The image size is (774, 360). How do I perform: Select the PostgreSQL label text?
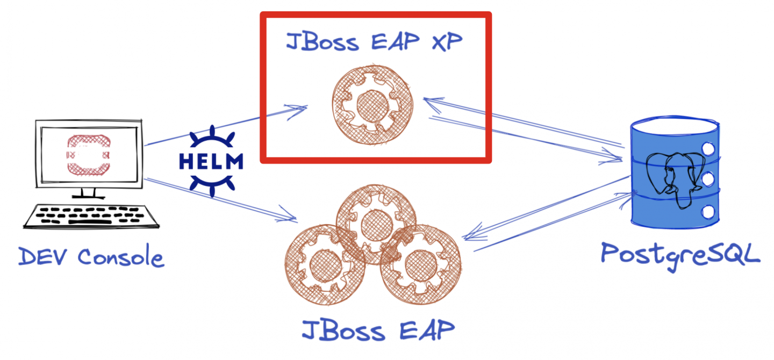pyautogui.click(x=680, y=253)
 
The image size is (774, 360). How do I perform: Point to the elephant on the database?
pyautogui.click(x=674, y=177)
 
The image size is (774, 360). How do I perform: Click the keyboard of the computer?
pyautogui.click(x=91, y=217)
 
